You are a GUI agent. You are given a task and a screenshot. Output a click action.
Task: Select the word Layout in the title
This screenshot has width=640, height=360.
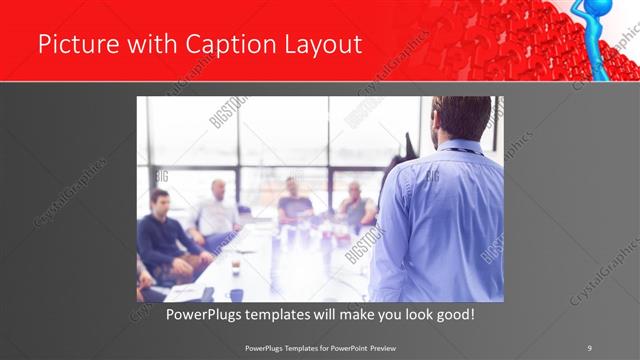coord(317,44)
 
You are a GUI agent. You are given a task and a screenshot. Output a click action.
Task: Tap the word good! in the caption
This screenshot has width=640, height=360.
coord(452,315)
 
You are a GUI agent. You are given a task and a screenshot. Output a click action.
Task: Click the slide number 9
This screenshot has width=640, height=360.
coord(589,347)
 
